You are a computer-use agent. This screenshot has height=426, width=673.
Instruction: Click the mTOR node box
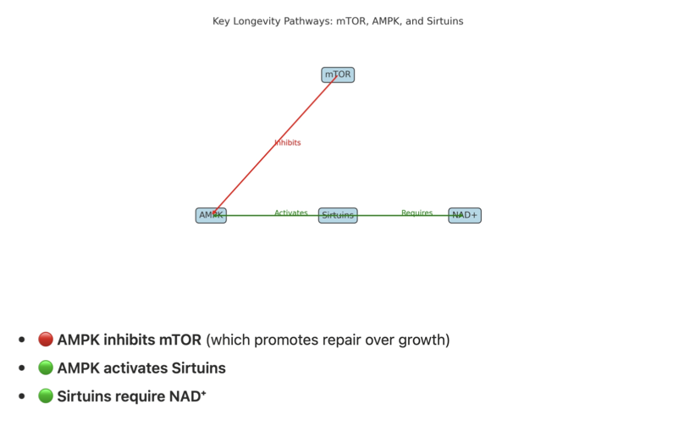pyautogui.click(x=338, y=75)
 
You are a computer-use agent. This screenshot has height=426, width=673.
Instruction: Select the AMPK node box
pyautogui.click(x=211, y=215)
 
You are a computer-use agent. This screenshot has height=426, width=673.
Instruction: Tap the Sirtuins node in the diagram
pyautogui.click(x=338, y=215)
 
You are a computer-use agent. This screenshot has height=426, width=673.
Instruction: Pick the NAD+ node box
pyautogui.click(x=465, y=215)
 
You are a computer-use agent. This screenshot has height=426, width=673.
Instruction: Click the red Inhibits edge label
pyautogui.click(x=288, y=142)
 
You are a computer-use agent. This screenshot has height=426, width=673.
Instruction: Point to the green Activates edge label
pyautogui.click(x=290, y=213)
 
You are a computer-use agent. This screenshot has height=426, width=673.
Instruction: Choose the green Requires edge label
pyautogui.click(x=416, y=213)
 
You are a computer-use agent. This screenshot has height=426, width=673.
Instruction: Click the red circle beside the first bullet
pyautogui.click(x=46, y=340)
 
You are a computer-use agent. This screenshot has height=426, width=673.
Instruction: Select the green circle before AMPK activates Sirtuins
pyautogui.click(x=46, y=368)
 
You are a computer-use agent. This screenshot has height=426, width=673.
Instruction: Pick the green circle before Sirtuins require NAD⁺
pyautogui.click(x=46, y=396)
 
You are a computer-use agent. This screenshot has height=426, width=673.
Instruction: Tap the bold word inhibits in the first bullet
pyautogui.click(x=129, y=340)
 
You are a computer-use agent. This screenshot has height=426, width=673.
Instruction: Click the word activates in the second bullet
pyautogui.click(x=134, y=368)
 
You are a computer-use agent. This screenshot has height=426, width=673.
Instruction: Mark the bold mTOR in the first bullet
pyautogui.click(x=180, y=340)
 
